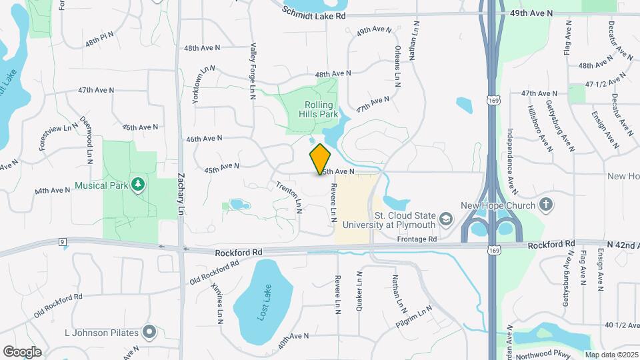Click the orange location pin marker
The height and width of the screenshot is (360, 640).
tap(321, 159)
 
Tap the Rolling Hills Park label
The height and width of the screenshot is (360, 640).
tap(323, 109)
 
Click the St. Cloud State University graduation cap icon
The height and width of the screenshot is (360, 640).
tap(445, 219)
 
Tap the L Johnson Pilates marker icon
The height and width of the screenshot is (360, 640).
tap(149, 331)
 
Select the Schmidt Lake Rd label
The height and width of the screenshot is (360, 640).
tap(315, 13)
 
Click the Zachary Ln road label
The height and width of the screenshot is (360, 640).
tap(181, 194)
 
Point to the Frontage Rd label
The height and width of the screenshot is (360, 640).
tap(416, 239)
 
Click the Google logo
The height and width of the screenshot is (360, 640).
tap(22, 351)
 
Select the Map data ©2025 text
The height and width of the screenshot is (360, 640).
tap(611, 355)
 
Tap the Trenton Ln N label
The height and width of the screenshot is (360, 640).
tap(289, 197)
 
